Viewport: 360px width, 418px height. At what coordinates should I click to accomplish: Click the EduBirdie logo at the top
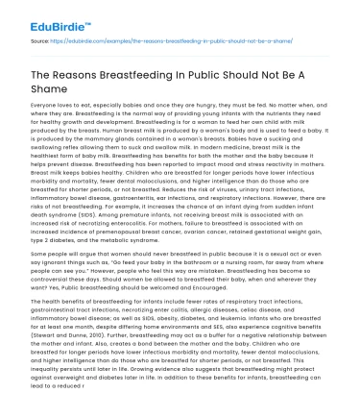click(x=48, y=13)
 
